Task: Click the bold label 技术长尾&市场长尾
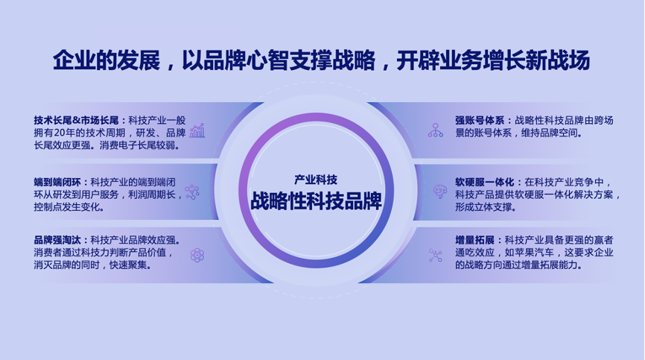76,120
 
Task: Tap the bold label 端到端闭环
57,182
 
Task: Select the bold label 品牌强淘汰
57,240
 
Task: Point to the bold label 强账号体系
480,120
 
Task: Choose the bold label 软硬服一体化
484,182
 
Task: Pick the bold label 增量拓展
474,240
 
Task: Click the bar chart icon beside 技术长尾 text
197,130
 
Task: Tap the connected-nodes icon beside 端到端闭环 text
192,192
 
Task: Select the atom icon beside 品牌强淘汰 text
197,255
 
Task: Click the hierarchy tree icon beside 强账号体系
435,130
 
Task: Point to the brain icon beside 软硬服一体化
439,192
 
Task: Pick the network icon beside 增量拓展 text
435,255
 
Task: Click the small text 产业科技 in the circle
316,180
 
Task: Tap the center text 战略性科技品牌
316,200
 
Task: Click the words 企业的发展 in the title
107,60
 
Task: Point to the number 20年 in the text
64,133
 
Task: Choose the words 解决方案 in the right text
594,195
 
